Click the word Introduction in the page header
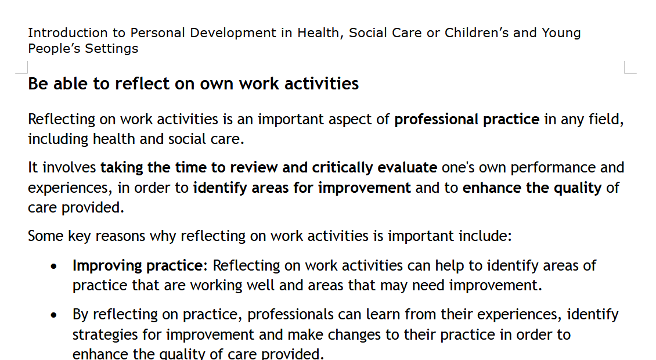tap(68, 33)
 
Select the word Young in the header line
tap(561, 33)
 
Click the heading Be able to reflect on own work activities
tap(193, 84)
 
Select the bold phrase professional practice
tap(467, 120)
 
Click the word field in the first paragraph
tap(607, 120)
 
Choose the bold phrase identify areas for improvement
tap(302, 188)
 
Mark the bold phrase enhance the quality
tap(532, 188)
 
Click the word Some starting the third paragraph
tap(46, 236)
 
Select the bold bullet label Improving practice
tap(136, 266)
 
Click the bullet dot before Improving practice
tap(54, 267)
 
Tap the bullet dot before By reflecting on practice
tap(54, 316)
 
